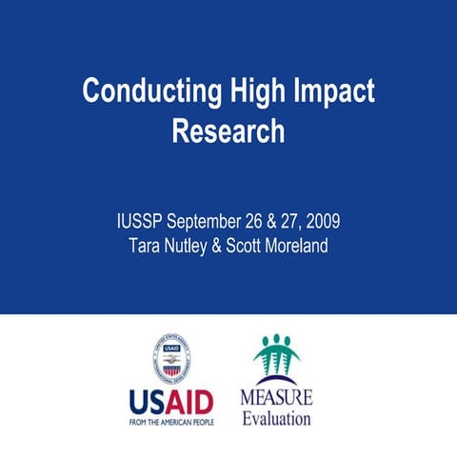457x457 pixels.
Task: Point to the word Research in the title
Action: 228,130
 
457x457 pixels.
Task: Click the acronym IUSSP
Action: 139,223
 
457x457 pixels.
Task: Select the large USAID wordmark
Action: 172,400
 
